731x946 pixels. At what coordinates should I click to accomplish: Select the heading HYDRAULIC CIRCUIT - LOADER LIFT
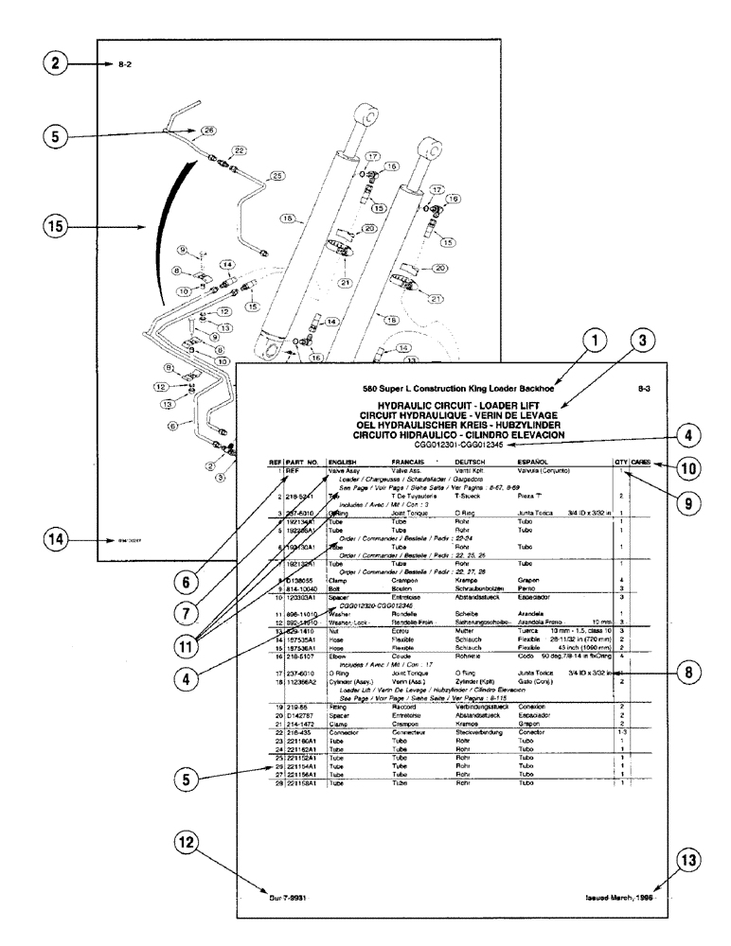pyautogui.click(x=458, y=403)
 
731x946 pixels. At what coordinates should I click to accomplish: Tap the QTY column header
pyautogui.click(x=620, y=463)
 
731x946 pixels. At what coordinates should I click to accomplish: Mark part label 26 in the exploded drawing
pyautogui.click(x=208, y=130)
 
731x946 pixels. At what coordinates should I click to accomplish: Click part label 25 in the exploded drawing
pyautogui.click(x=276, y=176)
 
